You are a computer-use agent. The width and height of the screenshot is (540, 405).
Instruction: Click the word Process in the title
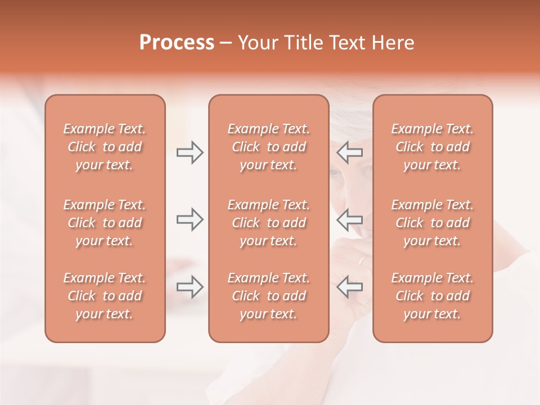coord(177,43)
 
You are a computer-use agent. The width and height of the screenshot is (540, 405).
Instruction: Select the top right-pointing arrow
coord(190,152)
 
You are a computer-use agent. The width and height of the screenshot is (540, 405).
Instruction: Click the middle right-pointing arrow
coord(190,219)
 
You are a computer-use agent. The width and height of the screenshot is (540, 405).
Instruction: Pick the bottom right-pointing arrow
coord(190,287)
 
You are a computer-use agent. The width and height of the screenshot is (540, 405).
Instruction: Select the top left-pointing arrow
coord(349,152)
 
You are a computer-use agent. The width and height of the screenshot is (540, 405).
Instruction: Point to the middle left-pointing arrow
coord(349,219)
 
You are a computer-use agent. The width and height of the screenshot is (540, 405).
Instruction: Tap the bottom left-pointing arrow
coord(349,287)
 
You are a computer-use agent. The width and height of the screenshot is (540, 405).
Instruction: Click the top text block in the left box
coord(105,147)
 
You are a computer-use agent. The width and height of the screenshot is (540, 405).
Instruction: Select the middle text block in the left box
coord(105,223)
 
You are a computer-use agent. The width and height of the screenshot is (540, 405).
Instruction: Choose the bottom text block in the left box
coord(105,296)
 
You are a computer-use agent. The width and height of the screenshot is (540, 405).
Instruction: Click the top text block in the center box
coord(268,147)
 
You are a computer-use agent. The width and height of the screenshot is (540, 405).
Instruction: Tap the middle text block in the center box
coord(268,223)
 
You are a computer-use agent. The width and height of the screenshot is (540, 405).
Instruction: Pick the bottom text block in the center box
coord(268,296)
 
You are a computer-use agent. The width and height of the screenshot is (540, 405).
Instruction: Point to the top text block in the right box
coord(432,147)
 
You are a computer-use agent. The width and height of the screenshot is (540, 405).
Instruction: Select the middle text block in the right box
coord(432,223)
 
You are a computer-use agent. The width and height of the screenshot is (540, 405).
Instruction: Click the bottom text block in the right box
coord(432,296)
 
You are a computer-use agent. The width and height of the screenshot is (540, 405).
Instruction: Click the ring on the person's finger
coord(363,260)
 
